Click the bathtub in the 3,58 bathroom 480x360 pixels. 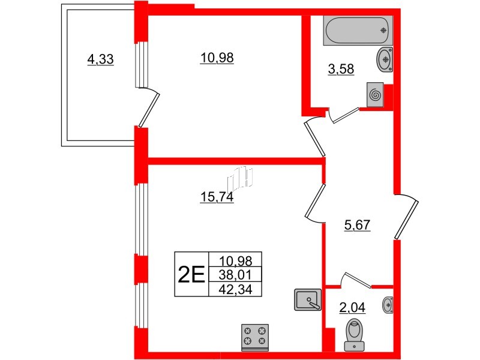358,31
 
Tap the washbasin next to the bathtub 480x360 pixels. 385,59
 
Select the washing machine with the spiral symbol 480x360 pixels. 375,95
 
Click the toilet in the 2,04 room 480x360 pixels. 355,334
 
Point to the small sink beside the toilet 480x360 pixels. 388,305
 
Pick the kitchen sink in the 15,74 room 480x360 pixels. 308,299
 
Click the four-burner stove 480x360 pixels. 254,338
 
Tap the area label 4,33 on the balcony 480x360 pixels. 100,59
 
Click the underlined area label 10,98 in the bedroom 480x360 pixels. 217,58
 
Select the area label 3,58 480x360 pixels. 341,70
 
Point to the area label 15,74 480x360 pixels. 217,197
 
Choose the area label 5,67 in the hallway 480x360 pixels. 357,226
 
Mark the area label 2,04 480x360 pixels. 352,308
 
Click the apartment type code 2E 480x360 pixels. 191,274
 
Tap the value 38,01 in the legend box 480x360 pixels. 235,275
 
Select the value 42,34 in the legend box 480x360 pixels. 235,289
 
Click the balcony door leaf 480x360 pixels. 149,110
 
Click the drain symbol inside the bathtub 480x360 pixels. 383,31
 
